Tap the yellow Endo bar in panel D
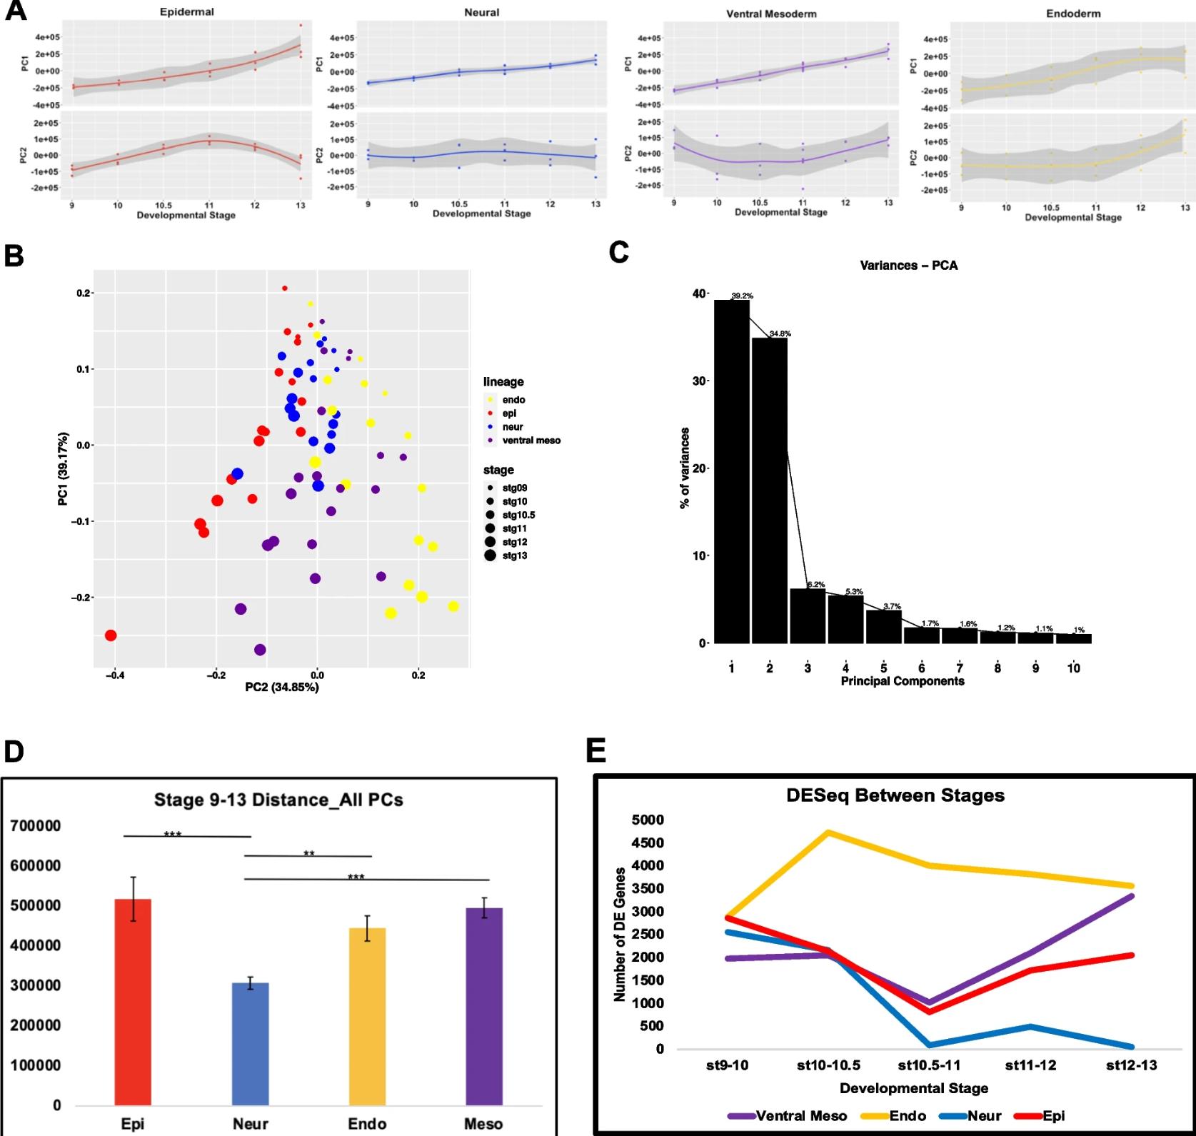(x=367, y=1015)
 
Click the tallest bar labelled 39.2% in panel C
(x=732, y=471)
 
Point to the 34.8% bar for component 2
(x=770, y=490)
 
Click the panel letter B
(x=14, y=256)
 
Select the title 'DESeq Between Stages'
(x=895, y=795)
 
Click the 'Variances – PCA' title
(x=908, y=266)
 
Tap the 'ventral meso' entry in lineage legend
(x=531, y=441)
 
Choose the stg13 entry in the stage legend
(x=514, y=556)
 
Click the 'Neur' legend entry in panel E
(x=984, y=1116)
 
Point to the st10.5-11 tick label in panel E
(x=929, y=1066)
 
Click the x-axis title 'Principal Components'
(x=902, y=681)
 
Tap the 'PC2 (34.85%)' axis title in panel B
(x=282, y=687)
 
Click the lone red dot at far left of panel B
(x=111, y=635)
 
